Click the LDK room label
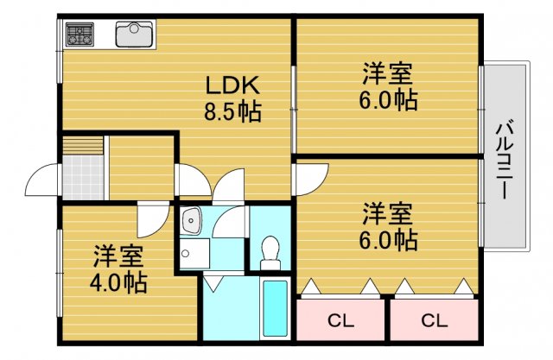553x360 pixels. click(232, 86)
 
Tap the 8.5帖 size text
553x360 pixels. click(232, 111)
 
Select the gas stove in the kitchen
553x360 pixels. click(80, 35)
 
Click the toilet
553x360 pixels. click(270, 249)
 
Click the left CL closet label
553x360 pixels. click(340, 321)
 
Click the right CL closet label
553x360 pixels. click(434, 321)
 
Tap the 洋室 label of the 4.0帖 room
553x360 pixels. click(119, 256)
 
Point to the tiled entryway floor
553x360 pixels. click(84, 176)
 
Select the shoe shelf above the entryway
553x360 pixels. click(84, 145)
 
